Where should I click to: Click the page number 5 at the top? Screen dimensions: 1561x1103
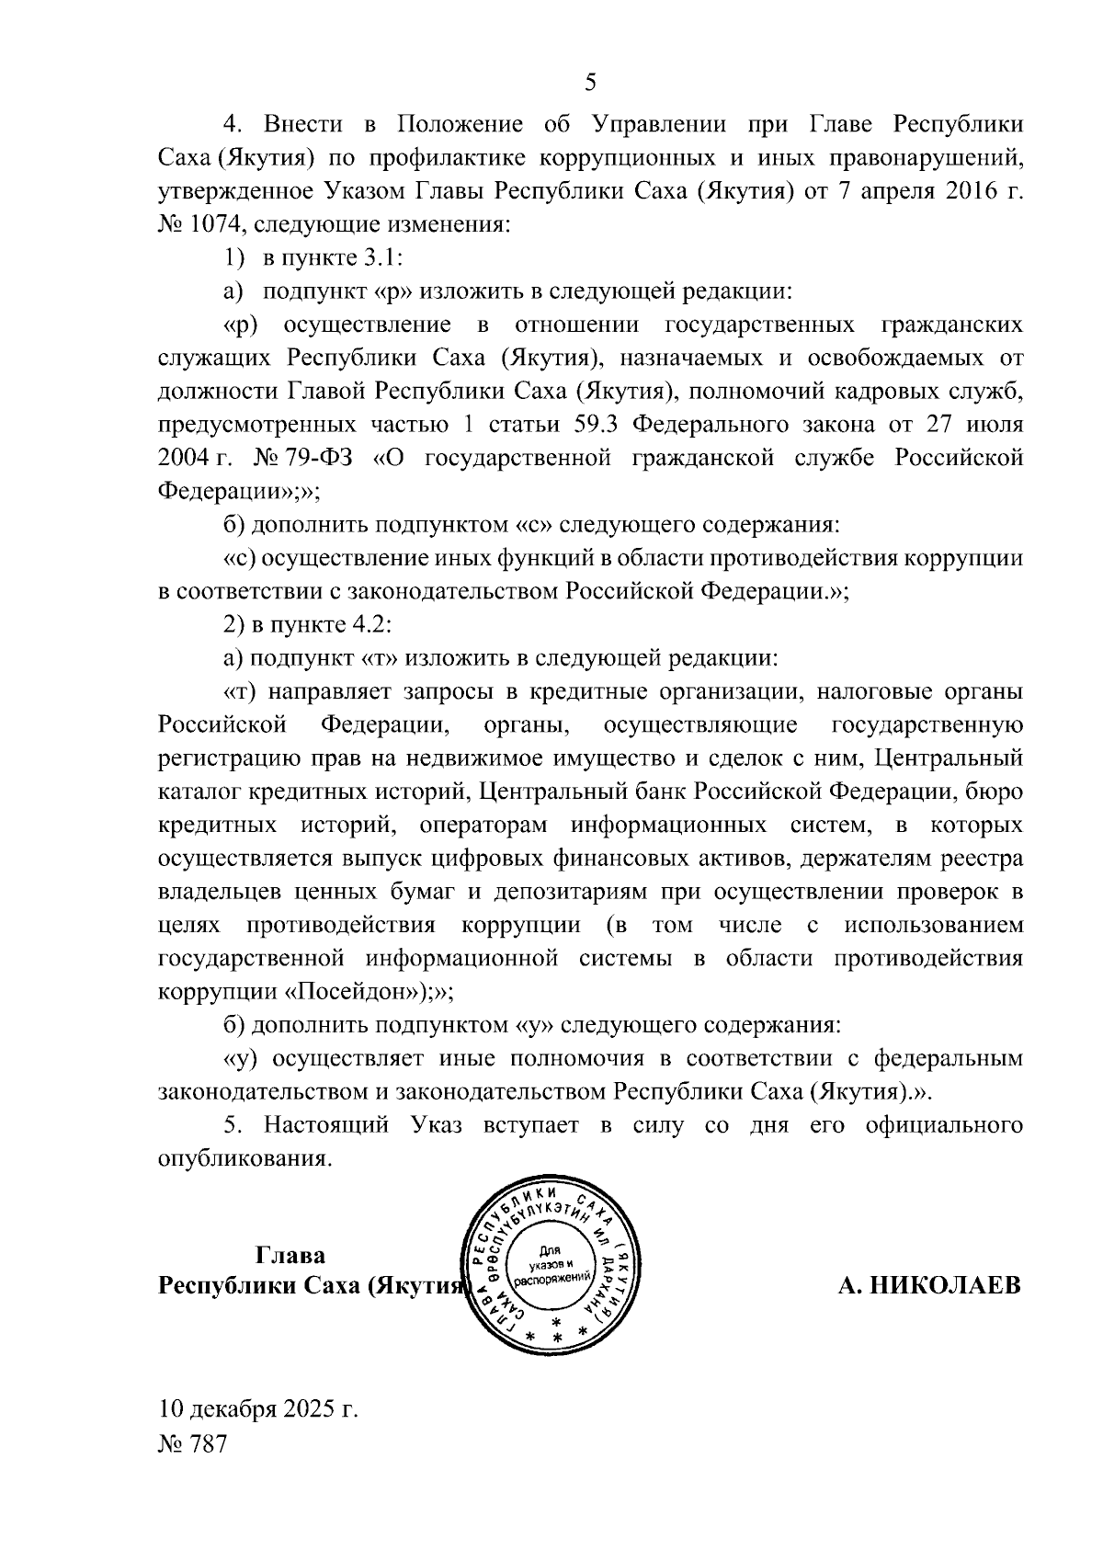[591, 82]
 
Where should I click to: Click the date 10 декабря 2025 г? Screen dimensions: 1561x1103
[258, 1408]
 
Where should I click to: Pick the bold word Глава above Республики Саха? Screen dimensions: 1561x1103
[290, 1255]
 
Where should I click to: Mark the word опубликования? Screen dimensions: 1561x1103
[243, 1158]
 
